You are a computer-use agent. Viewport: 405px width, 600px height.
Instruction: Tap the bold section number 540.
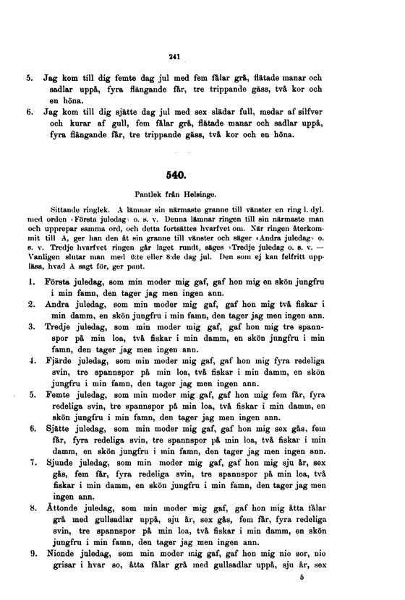[176, 175]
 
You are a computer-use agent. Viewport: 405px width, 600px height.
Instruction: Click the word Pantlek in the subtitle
[150, 194]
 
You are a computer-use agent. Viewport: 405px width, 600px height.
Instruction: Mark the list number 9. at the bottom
[33, 554]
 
